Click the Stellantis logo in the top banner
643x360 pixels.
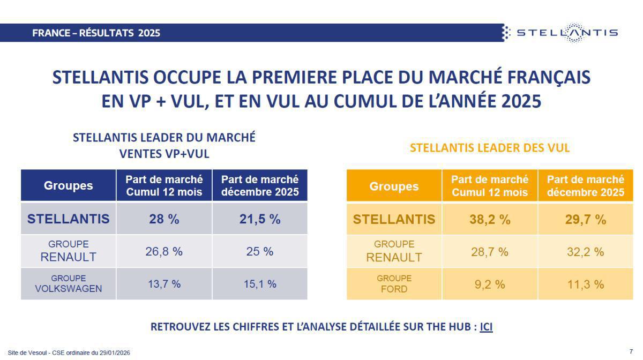click(x=560, y=33)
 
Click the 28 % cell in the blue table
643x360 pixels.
click(x=164, y=219)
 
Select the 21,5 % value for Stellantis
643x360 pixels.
click(x=260, y=219)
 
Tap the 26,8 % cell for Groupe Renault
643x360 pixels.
click(x=164, y=251)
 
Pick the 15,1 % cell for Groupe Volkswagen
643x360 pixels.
click(x=260, y=284)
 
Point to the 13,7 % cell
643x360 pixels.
click(x=164, y=284)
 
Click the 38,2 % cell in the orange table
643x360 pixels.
click(x=490, y=219)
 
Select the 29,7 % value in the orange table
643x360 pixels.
click(x=586, y=219)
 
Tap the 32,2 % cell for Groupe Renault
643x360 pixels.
click(x=586, y=251)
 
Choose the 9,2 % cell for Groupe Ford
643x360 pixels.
click(x=490, y=284)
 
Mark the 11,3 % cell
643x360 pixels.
click(x=586, y=284)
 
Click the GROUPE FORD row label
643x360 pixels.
click(x=394, y=284)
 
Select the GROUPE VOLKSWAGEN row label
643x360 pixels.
click(x=68, y=284)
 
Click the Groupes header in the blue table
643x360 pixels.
click(x=68, y=185)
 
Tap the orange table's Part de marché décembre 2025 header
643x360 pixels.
click(x=586, y=185)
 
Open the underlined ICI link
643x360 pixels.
click(x=486, y=327)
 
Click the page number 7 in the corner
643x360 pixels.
click(x=631, y=351)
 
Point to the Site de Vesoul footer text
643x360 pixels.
click(x=69, y=352)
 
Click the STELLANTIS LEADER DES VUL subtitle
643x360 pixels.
click(x=490, y=148)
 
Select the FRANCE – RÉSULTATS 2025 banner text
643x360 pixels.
click(x=96, y=33)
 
